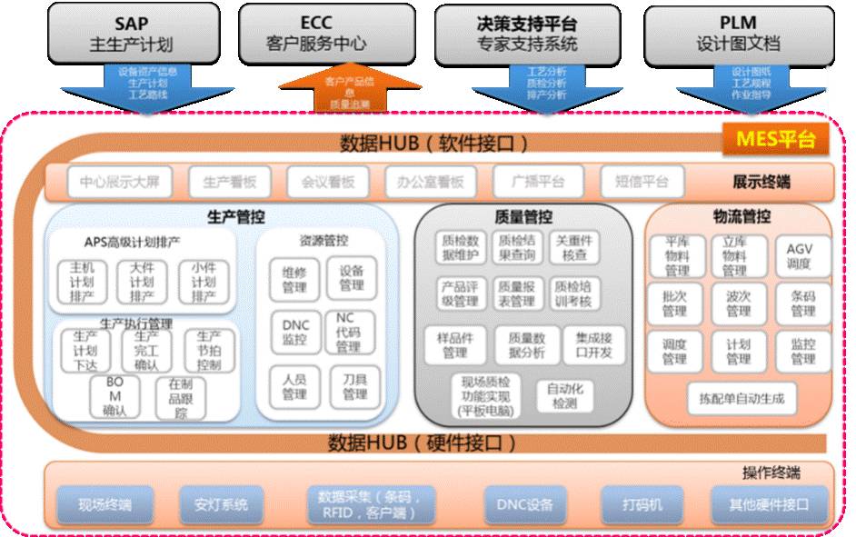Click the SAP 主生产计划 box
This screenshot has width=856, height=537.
point(131,33)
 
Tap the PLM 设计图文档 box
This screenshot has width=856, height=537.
point(738,33)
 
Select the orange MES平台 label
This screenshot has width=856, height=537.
point(775,140)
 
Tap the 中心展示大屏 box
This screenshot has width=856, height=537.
point(119,182)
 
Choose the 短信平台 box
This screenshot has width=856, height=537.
point(642,182)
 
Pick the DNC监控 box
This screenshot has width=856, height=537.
point(295,333)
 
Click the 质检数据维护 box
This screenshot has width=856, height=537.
point(460,248)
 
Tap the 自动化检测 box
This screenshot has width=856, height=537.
point(562,395)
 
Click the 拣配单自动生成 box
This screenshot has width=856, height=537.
point(742,398)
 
